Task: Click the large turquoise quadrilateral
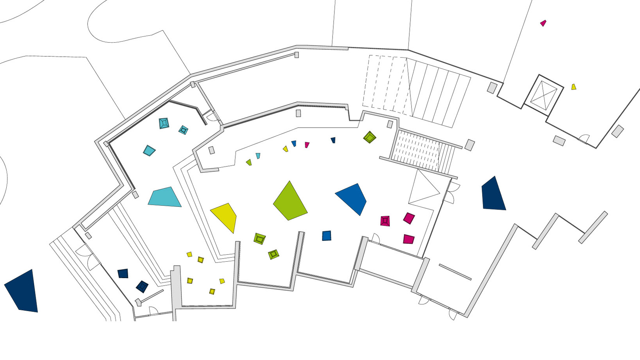click(165, 197)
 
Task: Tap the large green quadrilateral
click(290, 202)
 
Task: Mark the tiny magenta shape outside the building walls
click(543, 23)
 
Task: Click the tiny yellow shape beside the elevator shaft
click(573, 87)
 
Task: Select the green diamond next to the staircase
click(369, 137)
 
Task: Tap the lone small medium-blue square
click(327, 235)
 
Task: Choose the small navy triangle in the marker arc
click(333, 140)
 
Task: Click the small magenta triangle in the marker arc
click(307, 145)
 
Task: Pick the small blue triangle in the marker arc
click(294, 143)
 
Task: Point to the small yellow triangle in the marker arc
click(286, 149)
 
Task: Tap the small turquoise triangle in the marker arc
click(258, 156)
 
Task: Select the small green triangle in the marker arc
click(249, 162)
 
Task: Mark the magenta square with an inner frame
click(385, 221)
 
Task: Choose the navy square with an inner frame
click(142, 286)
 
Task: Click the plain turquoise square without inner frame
click(149, 150)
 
